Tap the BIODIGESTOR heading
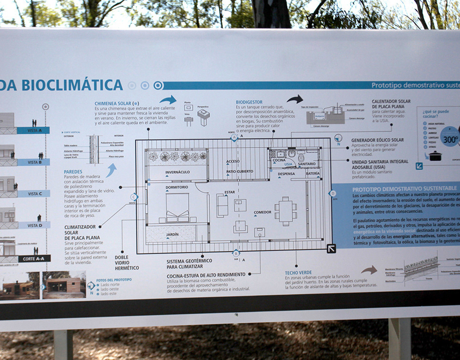coord(249,102)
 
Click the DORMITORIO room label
coord(177,187)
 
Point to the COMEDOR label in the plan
coord(263,212)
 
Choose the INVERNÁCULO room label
coord(178,173)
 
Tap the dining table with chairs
coord(285,211)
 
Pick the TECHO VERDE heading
coord(298,273)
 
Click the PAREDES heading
coord(73,172)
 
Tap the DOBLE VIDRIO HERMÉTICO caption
coord(126,262)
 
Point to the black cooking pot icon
coord(435,156)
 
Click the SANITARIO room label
coord(306,164)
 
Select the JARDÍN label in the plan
coord(173,235)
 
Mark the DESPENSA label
coord(286,174)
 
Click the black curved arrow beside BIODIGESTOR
coord(295,99)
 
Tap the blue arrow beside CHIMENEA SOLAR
coord(168,100)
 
